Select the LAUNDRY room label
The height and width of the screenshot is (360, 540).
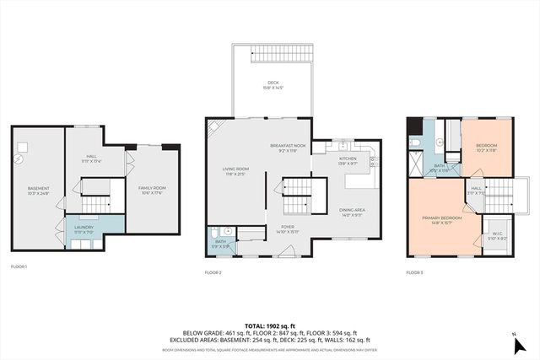click(x=83, y=228)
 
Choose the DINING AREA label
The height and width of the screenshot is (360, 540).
click(x=352, y=212)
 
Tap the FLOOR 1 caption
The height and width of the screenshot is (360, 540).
click(x=19, y=267)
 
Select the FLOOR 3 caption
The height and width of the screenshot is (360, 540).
click(x=414, y=272)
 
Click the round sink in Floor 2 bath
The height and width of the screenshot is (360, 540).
click(x=217, y=232)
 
